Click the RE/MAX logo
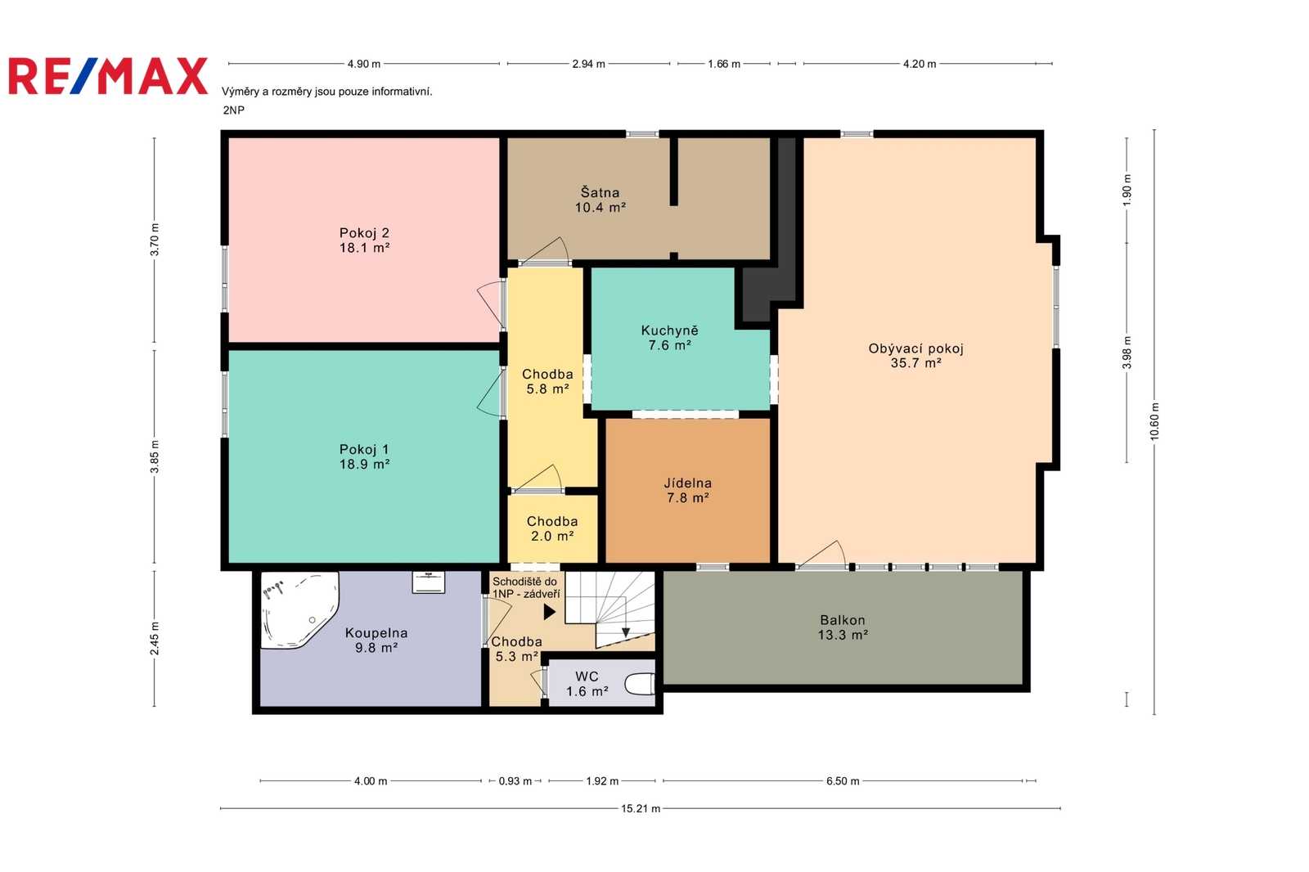coord(108,76)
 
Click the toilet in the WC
coord(640,685)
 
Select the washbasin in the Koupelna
coord(429,582)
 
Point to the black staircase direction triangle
coord(549,612)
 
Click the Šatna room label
coord(601,192)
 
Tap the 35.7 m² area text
coord(915,363)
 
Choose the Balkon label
coord(843,620)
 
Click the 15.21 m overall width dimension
coord(641,808)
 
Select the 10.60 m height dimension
coord(1154,421)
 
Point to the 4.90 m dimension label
coord(363,64)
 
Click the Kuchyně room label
coord(670,330)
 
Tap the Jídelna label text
coord(688,483)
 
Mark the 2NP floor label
coord(234,110)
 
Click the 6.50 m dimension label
coord(843,781)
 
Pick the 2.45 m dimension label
coord(155,638)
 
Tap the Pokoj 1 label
coord(364,449)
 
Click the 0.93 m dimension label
coord(515,781)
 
